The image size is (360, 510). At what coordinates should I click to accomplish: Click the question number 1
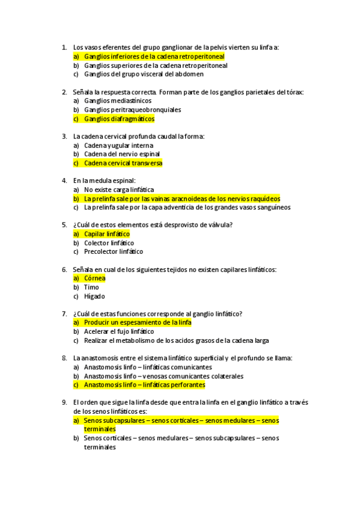coord(64,47)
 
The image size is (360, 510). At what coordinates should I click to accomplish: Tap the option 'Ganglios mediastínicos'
coord(117,101)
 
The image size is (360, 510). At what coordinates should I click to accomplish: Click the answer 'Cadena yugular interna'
coord(118,146)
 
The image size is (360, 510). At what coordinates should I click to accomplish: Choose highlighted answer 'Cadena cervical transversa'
coord(123,163)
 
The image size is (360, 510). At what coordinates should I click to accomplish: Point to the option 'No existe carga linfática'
coord(119,190)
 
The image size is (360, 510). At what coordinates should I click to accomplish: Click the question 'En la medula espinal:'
coord(105,180)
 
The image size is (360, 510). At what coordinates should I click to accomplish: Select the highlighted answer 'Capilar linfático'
coord(106,234)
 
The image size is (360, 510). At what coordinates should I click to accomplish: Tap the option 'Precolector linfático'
coord(114,252)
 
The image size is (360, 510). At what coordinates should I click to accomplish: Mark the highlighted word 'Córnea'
coord(94,278)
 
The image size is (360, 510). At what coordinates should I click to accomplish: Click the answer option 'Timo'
coord(91,287)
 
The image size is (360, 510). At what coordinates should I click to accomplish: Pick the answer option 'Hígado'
coord(94,296)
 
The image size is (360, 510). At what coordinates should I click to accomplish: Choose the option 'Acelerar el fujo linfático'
coord(119,331)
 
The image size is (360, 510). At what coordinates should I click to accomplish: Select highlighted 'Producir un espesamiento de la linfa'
coord(138,323)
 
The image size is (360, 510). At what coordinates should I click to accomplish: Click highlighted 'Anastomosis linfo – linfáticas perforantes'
coord(144,385)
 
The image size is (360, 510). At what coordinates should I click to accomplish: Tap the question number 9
coord(64,402)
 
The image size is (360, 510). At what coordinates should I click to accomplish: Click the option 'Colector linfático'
coord(109,243)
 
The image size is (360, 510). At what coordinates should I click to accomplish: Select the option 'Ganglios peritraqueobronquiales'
coord(132,110)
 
